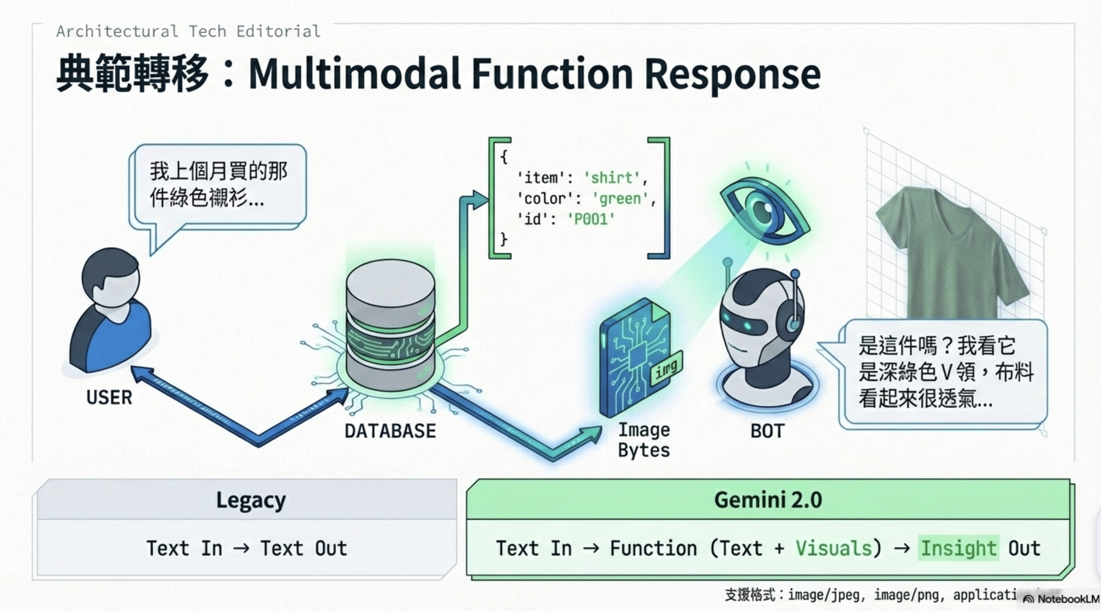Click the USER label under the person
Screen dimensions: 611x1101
109,397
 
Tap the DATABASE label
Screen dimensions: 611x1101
390,431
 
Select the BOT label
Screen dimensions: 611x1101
767,431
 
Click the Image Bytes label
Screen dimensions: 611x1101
644,440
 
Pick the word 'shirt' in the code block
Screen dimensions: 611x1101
611,178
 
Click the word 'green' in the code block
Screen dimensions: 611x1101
620,198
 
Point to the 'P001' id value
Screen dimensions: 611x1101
590,219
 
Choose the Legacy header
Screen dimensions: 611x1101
251,500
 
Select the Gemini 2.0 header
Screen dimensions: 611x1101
768,500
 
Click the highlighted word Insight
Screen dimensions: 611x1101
958,548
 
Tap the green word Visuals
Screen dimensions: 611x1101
833,548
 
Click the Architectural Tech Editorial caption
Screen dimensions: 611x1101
188,31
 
